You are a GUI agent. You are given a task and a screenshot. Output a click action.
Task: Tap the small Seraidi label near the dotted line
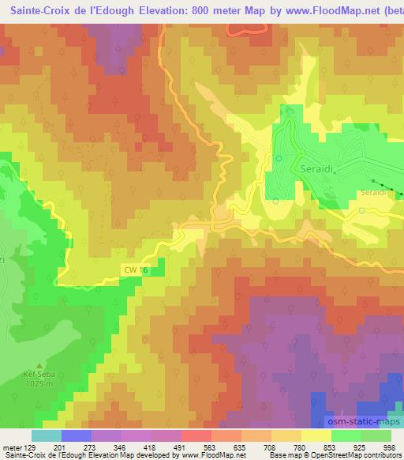372,192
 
